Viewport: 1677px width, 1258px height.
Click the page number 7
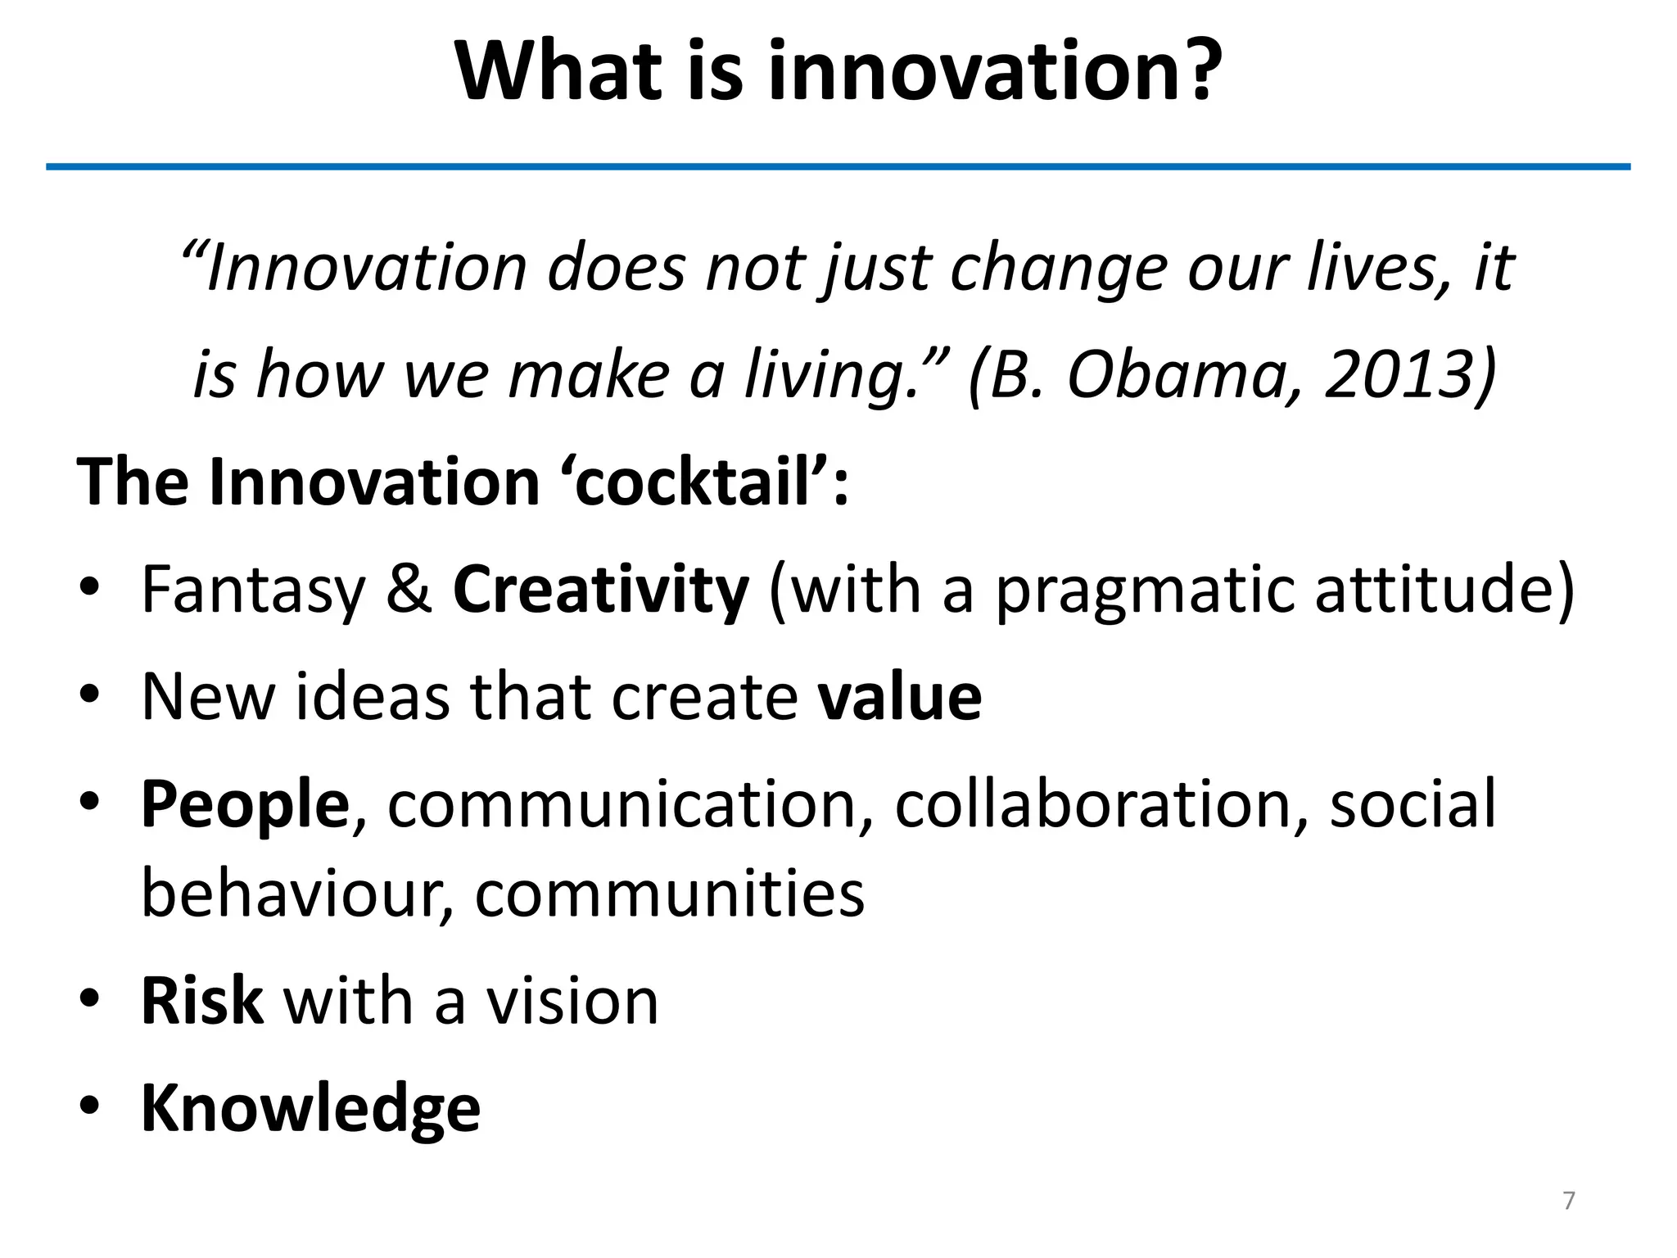pos(1568,1201)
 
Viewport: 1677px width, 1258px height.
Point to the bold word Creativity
pos(600,590)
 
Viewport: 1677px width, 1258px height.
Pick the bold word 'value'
pos(899,697)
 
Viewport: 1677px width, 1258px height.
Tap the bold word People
pos(245,805)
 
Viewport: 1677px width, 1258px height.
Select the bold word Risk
pos(201,1001)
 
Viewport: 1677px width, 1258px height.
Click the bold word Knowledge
pos(310,1108)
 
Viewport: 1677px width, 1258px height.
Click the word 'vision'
pos(572,1001)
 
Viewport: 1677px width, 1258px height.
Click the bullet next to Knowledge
pos(89,1106)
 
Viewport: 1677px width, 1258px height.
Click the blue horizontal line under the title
pos(838,167)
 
